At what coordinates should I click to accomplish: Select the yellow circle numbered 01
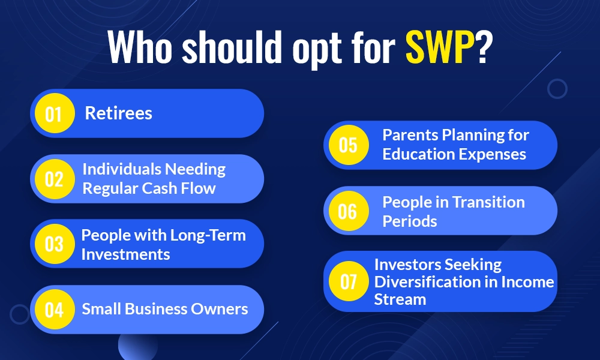(54, 113)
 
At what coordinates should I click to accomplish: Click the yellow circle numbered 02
(54, 179)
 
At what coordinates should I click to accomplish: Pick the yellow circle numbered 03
(54, 244)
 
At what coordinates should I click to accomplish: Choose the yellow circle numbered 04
(54, 310)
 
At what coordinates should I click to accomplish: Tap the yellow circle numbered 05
(348, 145)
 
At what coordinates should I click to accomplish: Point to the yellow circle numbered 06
(348, 211)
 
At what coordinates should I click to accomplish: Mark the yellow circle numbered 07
(348, 281)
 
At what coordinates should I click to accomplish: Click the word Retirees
(118, 113)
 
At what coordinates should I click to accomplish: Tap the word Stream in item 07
(400, 299)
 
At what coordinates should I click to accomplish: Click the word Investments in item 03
(125, 254)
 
